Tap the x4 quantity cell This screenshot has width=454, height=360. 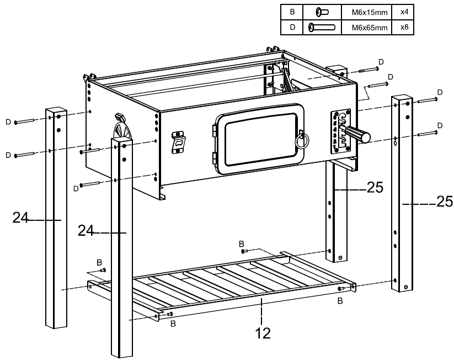point(403,10)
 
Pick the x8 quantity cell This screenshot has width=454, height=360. point(403,27)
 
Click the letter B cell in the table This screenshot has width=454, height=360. point(292,10)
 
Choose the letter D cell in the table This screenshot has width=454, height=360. point(292,27)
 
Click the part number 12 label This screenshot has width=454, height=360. point(263,333)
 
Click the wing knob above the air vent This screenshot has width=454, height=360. point(119,117)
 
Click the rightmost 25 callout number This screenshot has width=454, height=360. point(444,202)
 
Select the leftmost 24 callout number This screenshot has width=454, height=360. point(21,219)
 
